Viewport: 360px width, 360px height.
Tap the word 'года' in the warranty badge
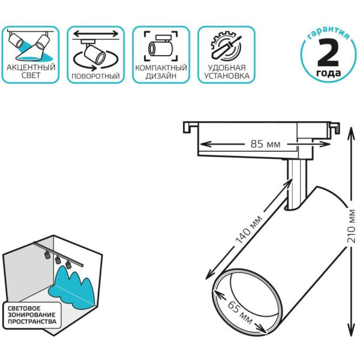(328, 74)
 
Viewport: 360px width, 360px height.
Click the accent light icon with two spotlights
(30, 43)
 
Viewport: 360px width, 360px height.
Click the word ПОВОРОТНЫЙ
(95, 77)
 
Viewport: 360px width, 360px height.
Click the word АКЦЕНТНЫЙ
(30, 68)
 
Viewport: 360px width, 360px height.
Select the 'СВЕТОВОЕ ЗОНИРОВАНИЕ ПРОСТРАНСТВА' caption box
(33, 316)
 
